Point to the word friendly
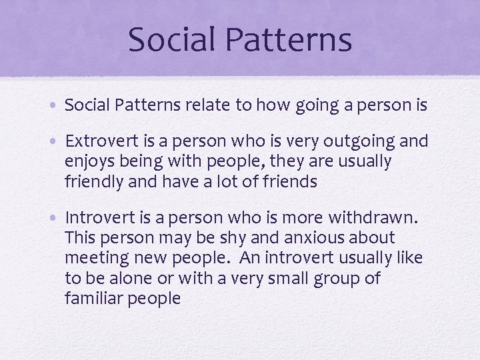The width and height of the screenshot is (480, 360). [90, 182]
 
